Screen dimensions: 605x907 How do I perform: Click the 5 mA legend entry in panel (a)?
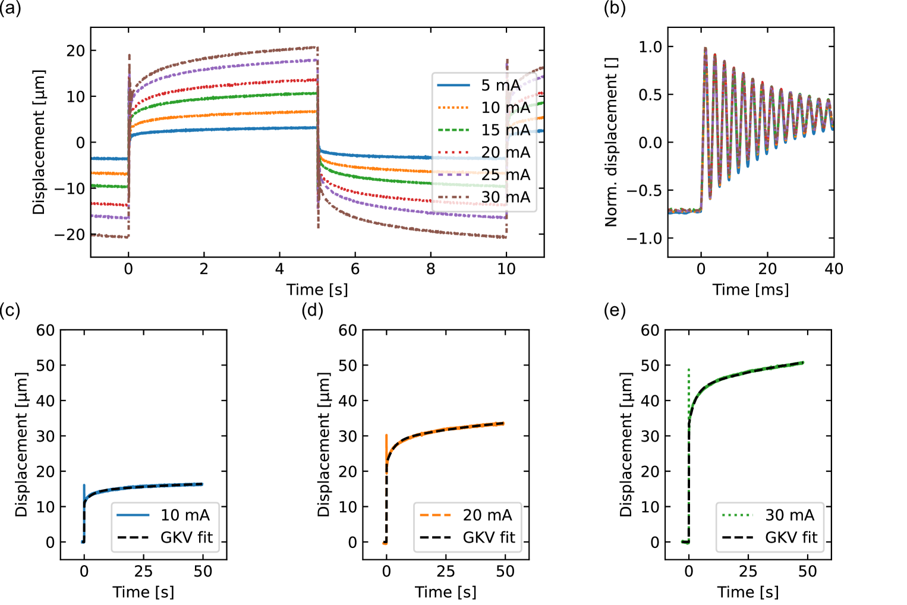pyautogui.click(x=500, y=86)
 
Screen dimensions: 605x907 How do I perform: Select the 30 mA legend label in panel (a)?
pyautogui.click(x=505, y=197)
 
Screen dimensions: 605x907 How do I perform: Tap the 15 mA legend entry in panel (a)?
pyautogui.click(x=505, y=130)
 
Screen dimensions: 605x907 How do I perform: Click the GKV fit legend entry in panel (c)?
pyautogui.click(x=186, y=538)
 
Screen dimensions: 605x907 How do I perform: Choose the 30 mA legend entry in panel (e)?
pyautogui.click(x=789, y=515)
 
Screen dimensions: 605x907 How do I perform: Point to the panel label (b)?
pyautogui.click(x=615, y=9)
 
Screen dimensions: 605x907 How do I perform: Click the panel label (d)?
pyautogui.click(x=313, y=310)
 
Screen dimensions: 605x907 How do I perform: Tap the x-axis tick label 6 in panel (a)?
pyautogui.click(x=355, y=269)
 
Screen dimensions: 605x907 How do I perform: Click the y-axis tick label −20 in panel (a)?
pyautogui.click(x=70, y=235)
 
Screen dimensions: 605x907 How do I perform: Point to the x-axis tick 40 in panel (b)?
pyautogui.click(x=834, y=269)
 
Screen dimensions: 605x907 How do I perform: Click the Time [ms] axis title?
pyautogui.click(x=751, y=290)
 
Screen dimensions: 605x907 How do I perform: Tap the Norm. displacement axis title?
pyautogui.click(x=612, y=143)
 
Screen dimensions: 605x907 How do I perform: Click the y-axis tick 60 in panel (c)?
pyautogui.click(x=46, y=330)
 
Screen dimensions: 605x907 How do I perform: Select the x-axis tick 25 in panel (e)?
pyautogui.click(x=748, y=572)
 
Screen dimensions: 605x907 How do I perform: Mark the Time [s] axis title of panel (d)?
pyautogui.click(x=446, y=593)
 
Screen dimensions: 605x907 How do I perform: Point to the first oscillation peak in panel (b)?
pyautogui.click(x=706, y=48)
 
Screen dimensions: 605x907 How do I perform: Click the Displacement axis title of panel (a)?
pyautogui.click(x=39, y=143)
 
